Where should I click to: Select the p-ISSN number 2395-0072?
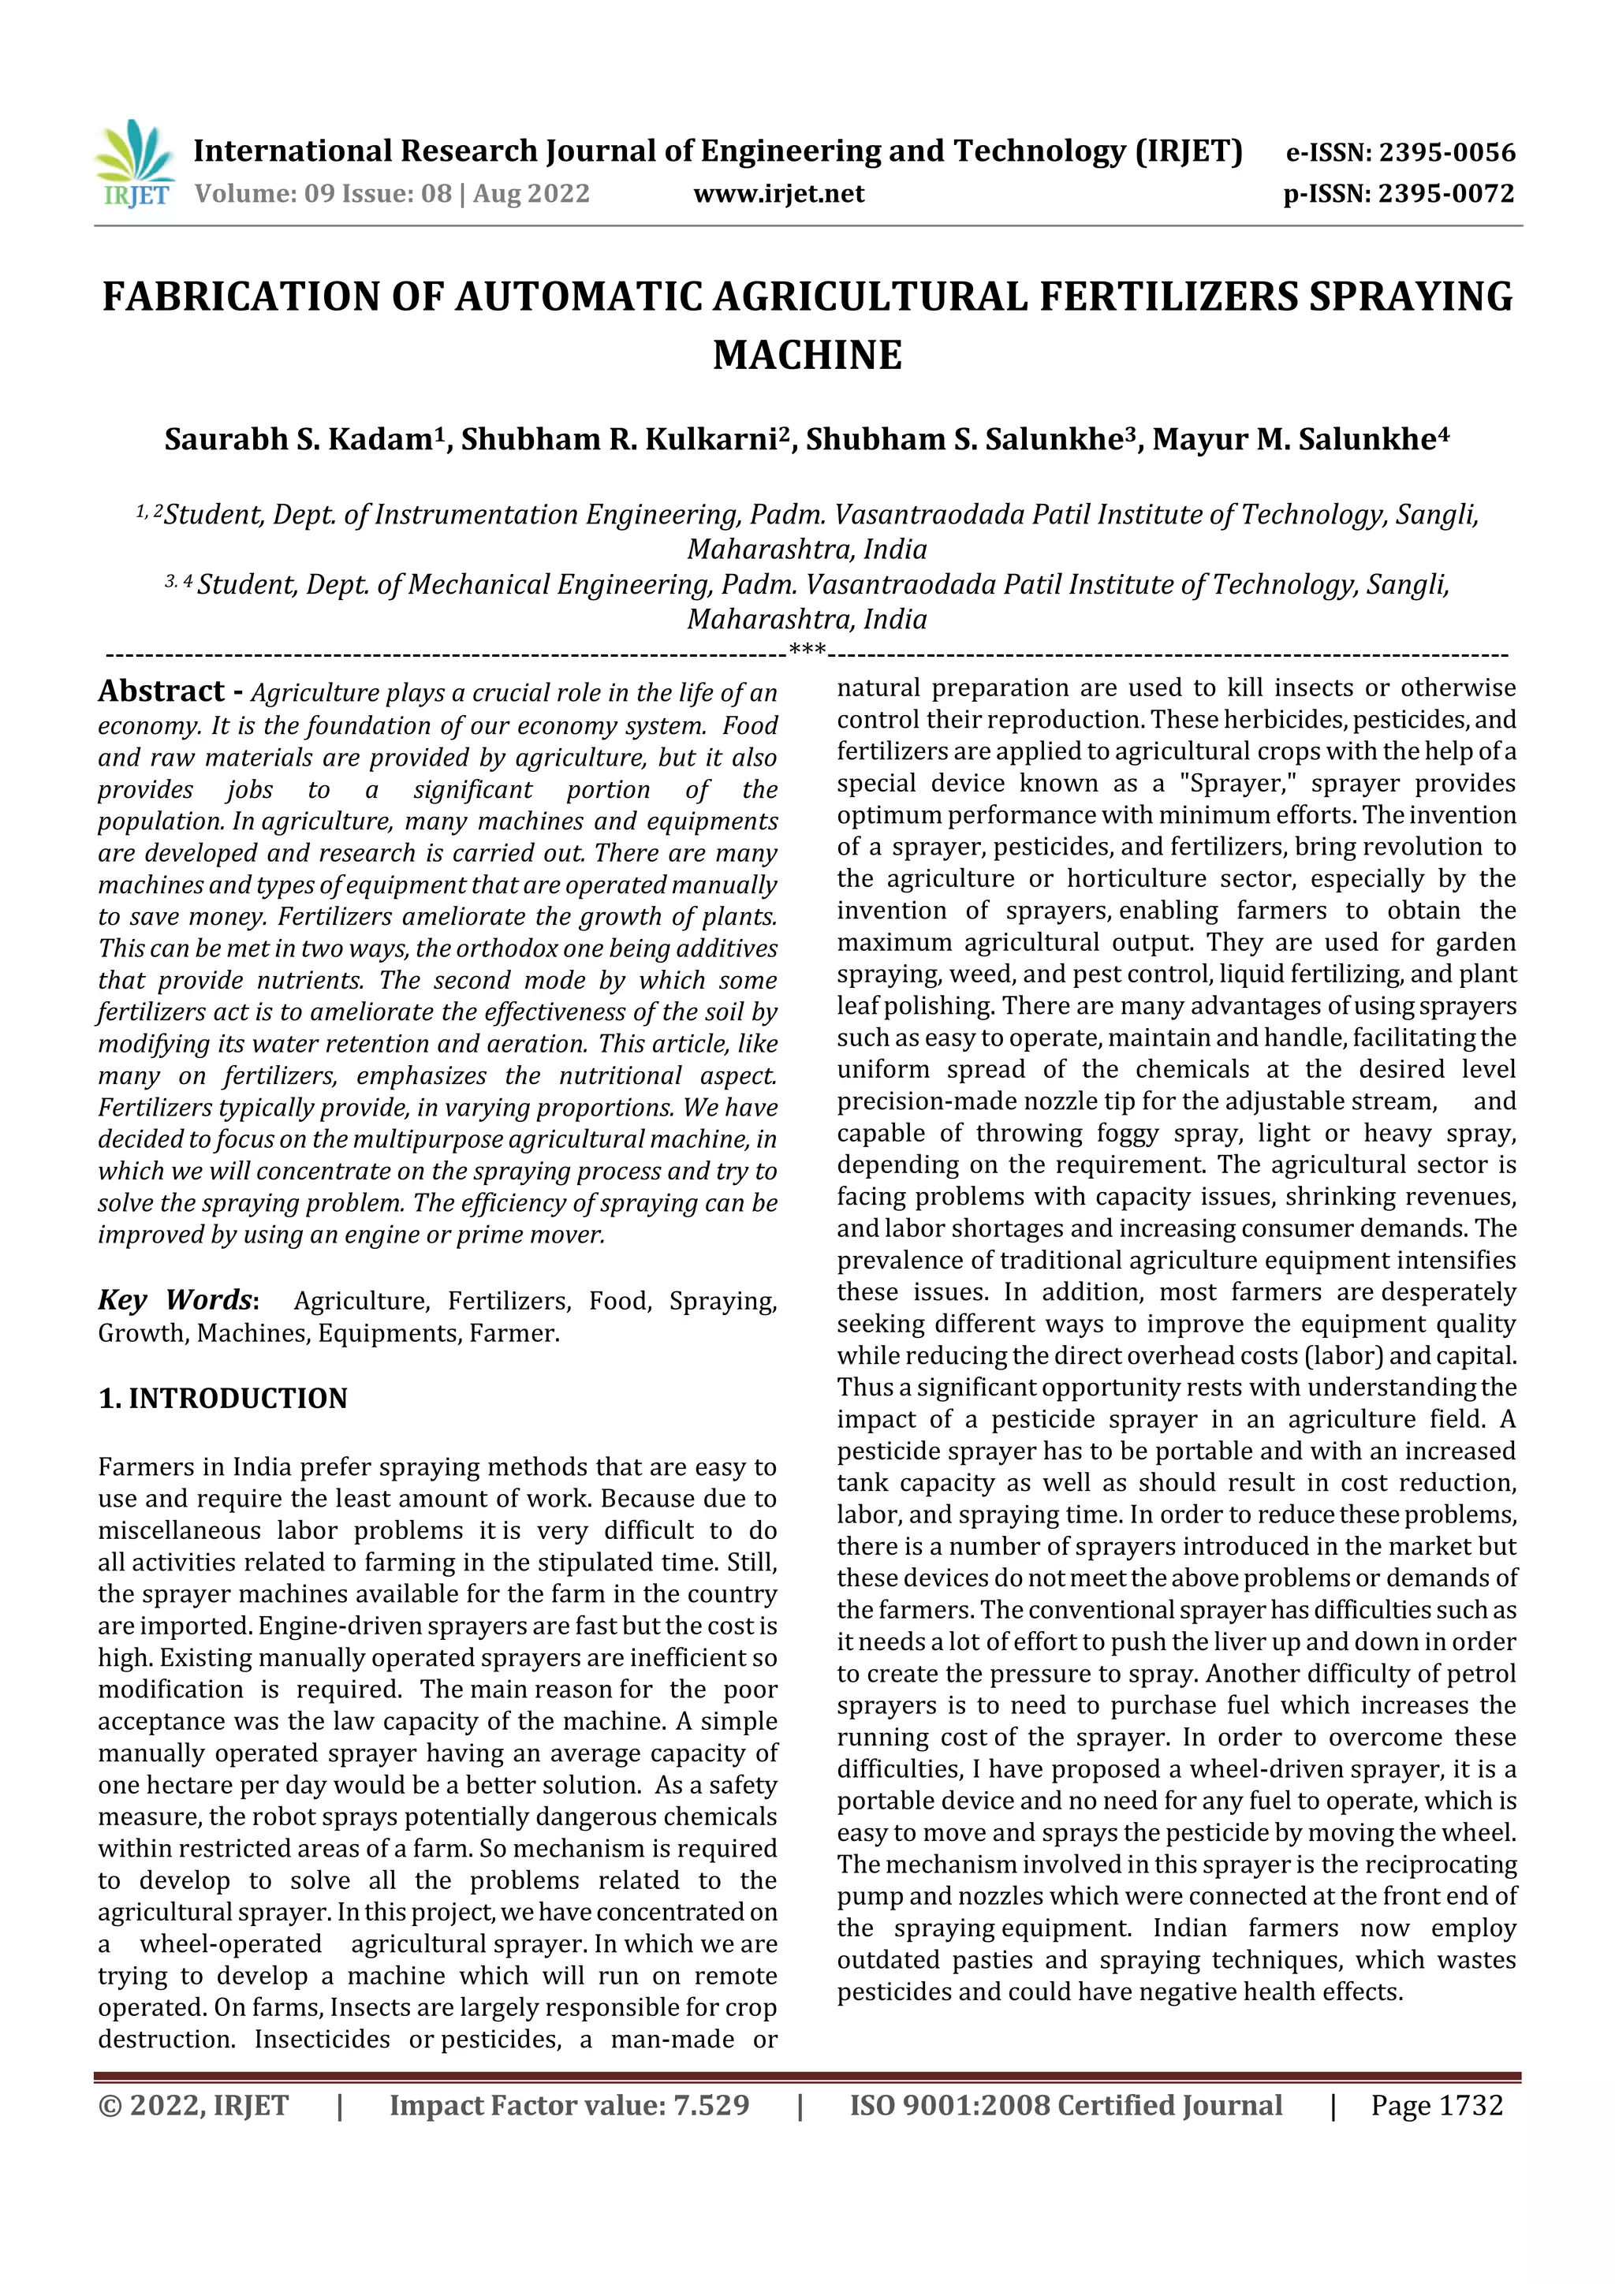pyautogui.click(x=1445, y=194)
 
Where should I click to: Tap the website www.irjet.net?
pyautogui.click(x=778, y=194)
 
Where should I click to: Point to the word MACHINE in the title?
pyautogui.click(x=807, y=355)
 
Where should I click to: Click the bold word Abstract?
pyautogui.click(x=161, y=691)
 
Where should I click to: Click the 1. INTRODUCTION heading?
pyautogui.click(x=223, y=1399)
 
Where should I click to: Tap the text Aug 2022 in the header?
pyautogui.click(x=531, y=194)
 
